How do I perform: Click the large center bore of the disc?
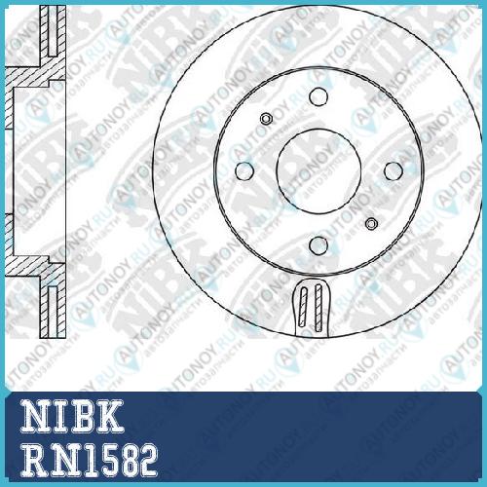click(x=318, y=170)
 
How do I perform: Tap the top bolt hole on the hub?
click(x=318, y=96)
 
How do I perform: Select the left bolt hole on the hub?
click(x=244, y=171)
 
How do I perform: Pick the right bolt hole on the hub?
click(x=393, y=170)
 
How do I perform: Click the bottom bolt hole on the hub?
click(x=318, y=245)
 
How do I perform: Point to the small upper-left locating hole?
click(x=266, y=119)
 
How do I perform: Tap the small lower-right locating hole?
click(x=371, y=223)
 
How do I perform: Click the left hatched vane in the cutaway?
click(x=303, y=307)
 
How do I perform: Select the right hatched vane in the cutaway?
click(x=318, y=308)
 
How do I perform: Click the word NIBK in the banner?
click(x=72, y=417)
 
